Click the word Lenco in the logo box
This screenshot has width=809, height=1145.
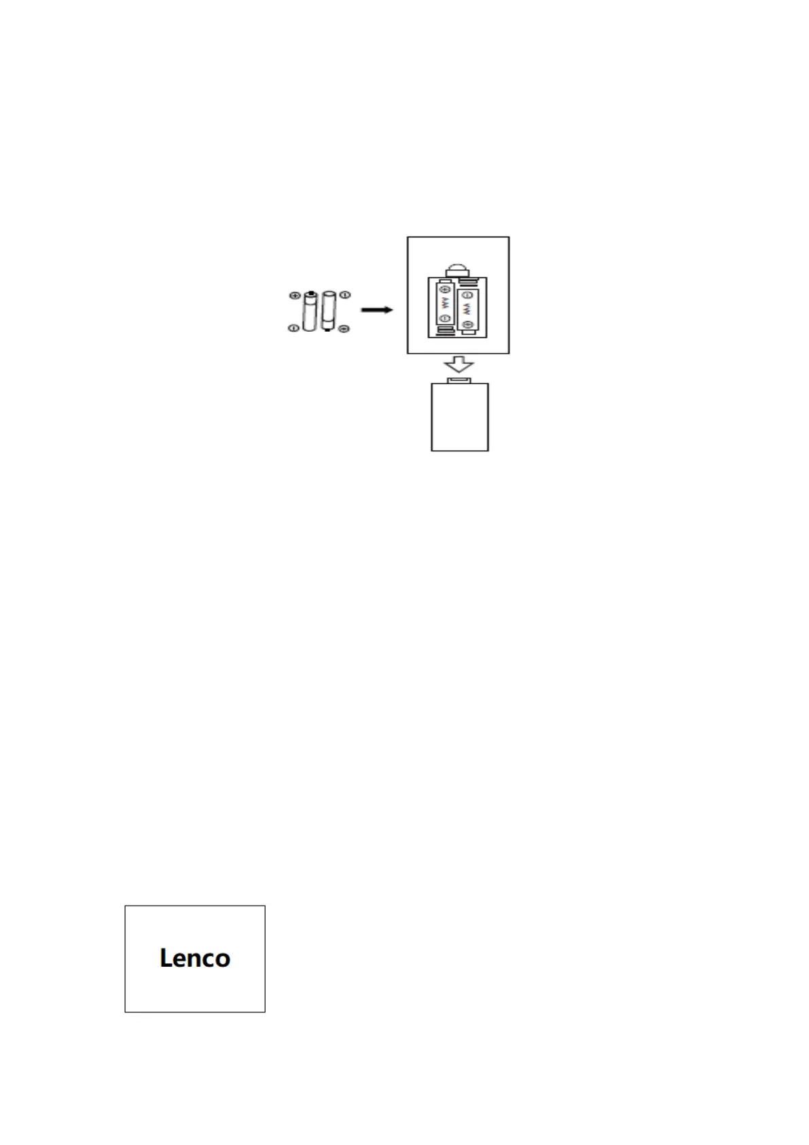195,958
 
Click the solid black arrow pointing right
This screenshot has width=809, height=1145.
376,310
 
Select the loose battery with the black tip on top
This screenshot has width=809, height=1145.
310,311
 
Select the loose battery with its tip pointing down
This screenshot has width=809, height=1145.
329,312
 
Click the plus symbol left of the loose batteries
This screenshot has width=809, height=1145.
294,296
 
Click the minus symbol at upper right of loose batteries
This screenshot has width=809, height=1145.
345,295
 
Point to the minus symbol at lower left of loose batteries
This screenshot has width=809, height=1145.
293,328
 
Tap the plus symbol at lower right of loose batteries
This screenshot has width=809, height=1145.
344,329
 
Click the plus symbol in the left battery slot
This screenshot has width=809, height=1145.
446,290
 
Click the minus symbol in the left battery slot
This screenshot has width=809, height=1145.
446,318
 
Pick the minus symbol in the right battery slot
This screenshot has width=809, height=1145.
467,295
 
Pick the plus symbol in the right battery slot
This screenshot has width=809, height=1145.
467,324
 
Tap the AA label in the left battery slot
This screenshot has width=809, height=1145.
446,303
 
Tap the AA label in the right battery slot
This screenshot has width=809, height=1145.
467,309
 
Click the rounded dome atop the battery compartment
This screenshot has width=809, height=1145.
458,269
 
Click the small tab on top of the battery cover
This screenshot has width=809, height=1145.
459,381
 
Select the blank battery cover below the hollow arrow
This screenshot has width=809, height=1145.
460,417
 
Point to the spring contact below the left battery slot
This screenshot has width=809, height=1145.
446,331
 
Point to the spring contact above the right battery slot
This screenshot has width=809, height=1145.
467,281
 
